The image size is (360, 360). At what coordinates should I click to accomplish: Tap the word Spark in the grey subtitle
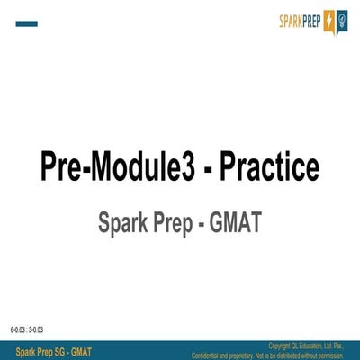point(123,221)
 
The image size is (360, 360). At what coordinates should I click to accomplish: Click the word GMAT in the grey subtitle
point(235,221)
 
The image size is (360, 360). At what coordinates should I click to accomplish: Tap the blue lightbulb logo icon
point(342,21)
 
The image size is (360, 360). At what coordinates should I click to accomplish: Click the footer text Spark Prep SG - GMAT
point(54,350)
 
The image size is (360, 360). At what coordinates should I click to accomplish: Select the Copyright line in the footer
point(307,346)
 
